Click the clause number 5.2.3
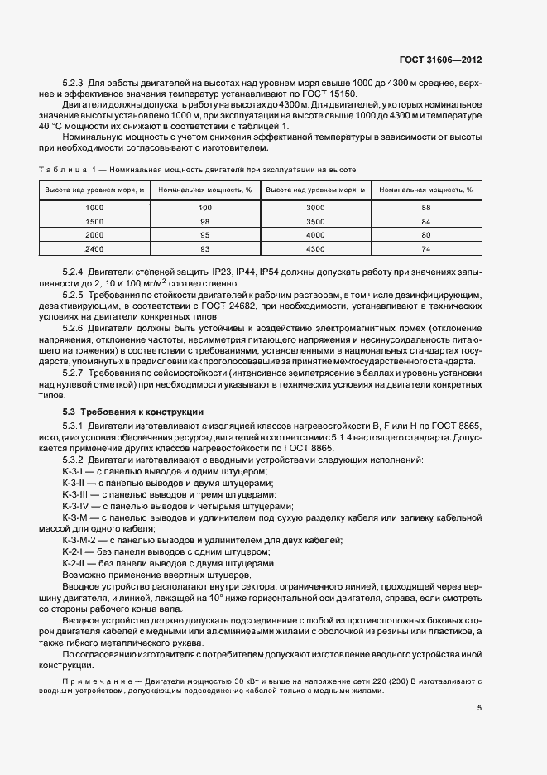[74, 84]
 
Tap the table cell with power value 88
[426, 207]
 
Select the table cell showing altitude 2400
[94, 249]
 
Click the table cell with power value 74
[426, 249]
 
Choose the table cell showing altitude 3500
[315, 222]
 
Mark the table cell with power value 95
[205, 235]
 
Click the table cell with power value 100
[205, 207]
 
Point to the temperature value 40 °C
[50, 126]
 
